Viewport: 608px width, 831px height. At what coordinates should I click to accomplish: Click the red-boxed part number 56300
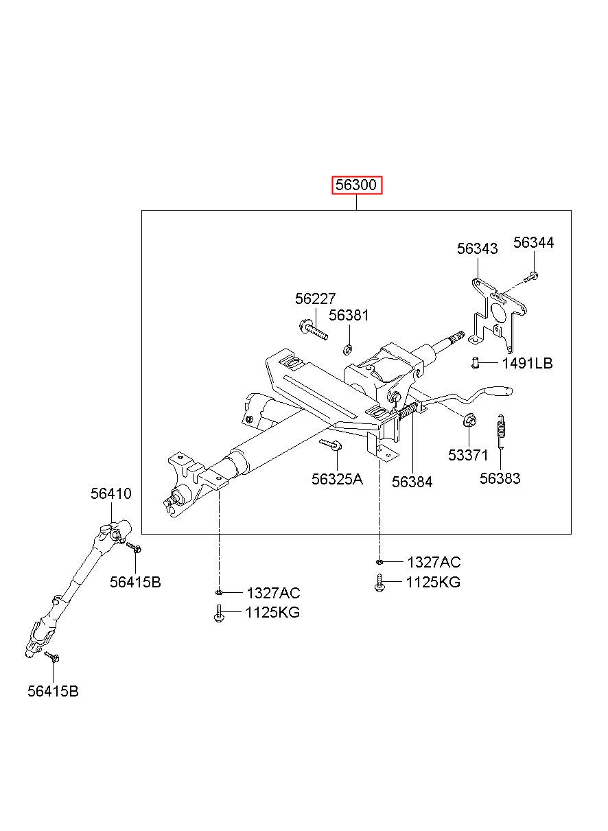(357, 185)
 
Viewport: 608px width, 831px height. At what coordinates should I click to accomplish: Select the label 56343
(478, 249)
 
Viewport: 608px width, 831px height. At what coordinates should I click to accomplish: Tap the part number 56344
(534, 242)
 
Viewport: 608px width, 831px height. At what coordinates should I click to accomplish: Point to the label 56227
(316, 299)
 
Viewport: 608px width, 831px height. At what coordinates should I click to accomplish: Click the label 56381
(349, 316)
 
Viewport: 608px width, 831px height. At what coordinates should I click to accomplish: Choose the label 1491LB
(527, 364)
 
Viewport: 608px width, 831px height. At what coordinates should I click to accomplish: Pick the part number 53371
(468, 456)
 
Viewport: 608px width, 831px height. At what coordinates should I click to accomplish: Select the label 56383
(500, 479)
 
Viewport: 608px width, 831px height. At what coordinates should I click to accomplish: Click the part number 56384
(412, 482)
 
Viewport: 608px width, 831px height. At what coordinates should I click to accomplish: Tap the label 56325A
(337, 479)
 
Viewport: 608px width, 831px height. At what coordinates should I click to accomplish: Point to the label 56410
(111, 493)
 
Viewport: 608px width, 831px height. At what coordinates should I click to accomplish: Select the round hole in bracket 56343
(499, 312)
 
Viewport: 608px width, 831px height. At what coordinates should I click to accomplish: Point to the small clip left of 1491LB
(474, 363)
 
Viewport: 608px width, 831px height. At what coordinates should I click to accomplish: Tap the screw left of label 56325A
(331, 445)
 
